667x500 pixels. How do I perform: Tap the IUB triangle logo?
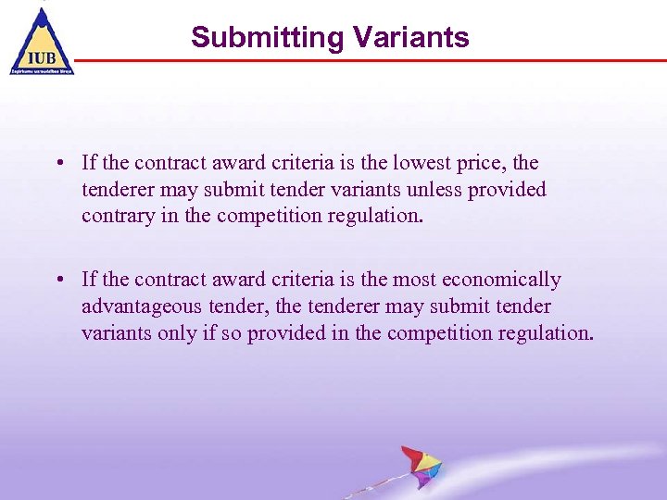(x=41, y=41)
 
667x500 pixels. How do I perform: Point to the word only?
(x=174, y=333)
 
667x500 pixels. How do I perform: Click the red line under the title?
(x=371, y=60)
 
